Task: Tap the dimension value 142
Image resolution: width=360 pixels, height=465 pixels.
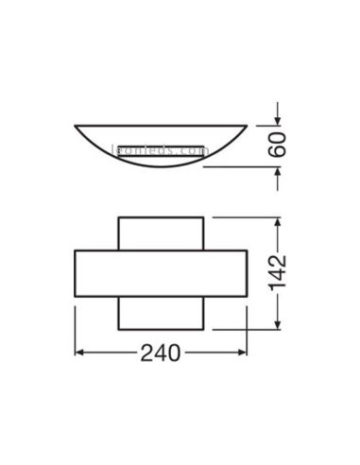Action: pos(277,273)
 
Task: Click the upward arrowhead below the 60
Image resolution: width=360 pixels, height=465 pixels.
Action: pos(277,172)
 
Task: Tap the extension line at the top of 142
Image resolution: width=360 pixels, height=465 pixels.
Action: pos(246,216)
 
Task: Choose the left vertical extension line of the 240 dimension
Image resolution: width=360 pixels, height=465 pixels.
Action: pos(74,331)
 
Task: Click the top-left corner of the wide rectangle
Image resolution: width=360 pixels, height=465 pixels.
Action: pos(74,250)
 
